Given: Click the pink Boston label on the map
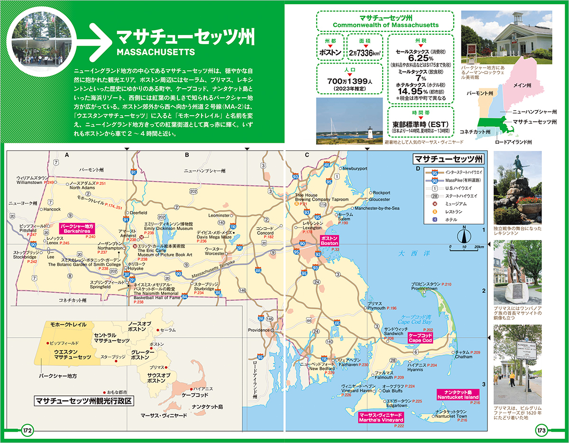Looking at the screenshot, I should point(329,240).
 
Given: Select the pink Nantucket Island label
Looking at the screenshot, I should point(459,394).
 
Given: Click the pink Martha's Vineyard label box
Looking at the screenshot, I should point(381,417).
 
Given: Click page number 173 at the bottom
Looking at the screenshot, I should point(541,431).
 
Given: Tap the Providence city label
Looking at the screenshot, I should point(258,330).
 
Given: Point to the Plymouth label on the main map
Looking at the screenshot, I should point(376,308).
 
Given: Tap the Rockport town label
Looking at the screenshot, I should point(382,193).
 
